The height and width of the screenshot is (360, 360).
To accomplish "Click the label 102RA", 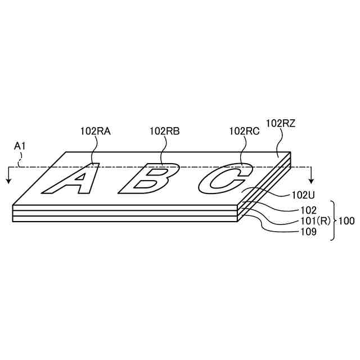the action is point(95,131).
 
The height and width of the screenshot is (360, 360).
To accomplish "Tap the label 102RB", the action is point(165,131).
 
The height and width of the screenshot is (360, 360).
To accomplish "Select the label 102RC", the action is point(245,131).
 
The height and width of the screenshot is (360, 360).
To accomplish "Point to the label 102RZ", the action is point(280,123).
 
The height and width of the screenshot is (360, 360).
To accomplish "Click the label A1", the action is point(20,146).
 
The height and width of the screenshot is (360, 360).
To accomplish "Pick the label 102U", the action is point(303,195).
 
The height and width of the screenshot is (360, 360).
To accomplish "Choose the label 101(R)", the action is point(315,221).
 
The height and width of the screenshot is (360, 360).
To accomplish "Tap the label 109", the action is point(309,232).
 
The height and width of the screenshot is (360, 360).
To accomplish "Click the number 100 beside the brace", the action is point(346,221).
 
